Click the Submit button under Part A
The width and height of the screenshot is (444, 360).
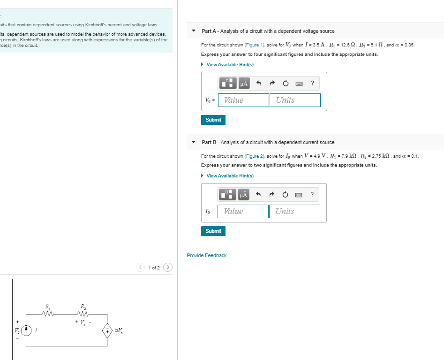coord(213,120)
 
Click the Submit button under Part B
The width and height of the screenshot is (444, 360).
coord(213,231)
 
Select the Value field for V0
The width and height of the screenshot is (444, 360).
coord(244,100)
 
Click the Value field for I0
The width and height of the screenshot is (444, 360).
coord(243,211)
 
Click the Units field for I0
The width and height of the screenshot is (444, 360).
coord(294,211)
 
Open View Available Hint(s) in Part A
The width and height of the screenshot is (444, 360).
coord(230,65)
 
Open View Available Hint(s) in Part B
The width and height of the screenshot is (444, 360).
coord(230,176)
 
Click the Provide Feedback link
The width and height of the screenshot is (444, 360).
coord(206,255)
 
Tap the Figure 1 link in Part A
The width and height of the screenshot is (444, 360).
coord(256,45)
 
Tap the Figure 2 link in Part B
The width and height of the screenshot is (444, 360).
coord(256,156)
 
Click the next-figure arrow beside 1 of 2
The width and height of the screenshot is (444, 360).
coord(168,268)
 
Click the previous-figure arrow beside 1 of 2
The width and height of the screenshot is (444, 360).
coord(141,268)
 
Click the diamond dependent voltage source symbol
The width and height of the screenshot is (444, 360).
coord(107,331)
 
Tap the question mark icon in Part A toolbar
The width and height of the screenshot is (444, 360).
coord(313,84)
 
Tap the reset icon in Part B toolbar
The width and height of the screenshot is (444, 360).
coord(285,195)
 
